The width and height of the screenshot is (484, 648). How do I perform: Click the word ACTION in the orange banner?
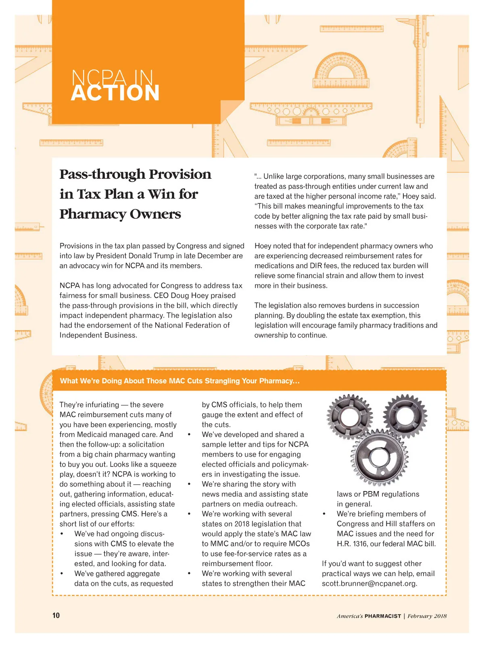point(115,93)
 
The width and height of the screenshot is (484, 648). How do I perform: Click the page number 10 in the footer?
point(56,615)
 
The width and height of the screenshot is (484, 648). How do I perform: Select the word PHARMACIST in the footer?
point(383,616)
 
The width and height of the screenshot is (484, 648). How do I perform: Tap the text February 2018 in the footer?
point(427,616)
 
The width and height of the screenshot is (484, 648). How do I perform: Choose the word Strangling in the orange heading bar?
point(222,381)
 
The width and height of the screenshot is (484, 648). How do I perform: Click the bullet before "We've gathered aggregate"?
point(62,574)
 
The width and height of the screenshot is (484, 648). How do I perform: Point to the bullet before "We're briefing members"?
point(324,514)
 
